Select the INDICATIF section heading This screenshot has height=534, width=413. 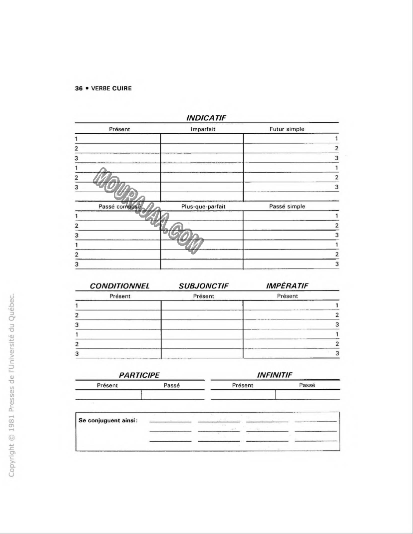click(206, 118)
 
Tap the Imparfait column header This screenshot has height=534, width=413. click(202, 129)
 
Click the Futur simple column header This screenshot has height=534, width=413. click(287, 129)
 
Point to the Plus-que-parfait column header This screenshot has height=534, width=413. click(202, 206)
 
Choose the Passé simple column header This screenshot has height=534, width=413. click(287, 206)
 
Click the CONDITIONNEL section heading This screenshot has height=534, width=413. click(120, 286)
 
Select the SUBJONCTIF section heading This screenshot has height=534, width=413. click(203, 286)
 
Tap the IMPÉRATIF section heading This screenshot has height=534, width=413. click(286, 286)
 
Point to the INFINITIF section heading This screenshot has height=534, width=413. click(274, 374)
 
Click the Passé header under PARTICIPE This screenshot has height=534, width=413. click(172, 385)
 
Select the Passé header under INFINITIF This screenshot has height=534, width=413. click(307, 385)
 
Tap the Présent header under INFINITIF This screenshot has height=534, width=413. click(243, 385)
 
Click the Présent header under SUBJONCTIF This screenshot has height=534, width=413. click(203, 296)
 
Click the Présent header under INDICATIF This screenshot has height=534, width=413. click(120, 129)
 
